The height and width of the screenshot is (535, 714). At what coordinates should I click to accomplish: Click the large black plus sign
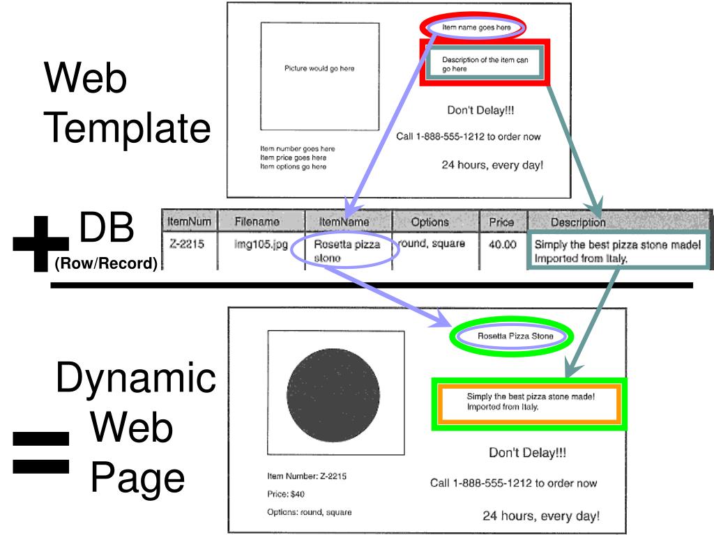click(x=40, y=244)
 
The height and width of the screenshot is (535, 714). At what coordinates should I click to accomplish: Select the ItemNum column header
click(x=189, y=222)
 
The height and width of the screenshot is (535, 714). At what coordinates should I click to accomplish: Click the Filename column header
click(x=257, y=222)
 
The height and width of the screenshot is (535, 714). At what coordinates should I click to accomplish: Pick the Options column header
click(x=430, y=222)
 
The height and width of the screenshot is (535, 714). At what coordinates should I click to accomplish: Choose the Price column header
click(x=502, y=222)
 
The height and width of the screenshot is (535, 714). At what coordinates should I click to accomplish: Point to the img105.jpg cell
click(x=257, y=245)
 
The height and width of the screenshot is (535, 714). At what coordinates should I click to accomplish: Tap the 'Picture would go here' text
click(x=319, y=68)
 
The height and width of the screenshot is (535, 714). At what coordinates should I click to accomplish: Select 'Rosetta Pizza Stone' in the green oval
click(x=515, y=336)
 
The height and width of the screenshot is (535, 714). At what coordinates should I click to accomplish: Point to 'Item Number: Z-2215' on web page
click(x=307, y=476)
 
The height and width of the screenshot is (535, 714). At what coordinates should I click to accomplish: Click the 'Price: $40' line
click(x=286, y=495)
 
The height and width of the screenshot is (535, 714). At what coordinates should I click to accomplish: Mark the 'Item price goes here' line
click(x=293, y=157)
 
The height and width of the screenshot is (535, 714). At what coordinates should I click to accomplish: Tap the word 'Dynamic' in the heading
click(x=135, y=378)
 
